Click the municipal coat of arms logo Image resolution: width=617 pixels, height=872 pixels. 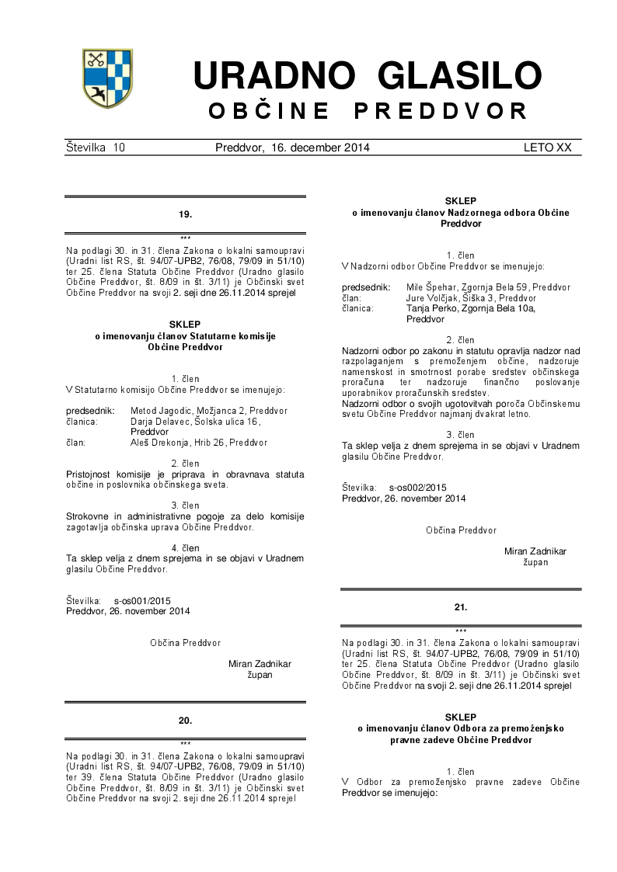click(x=107, y=78)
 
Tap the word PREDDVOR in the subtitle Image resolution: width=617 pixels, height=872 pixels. click(x=441, y=111)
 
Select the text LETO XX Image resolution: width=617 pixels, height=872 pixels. click(x=547, y=148)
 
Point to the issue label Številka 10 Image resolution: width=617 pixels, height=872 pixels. click(x=96, y=148)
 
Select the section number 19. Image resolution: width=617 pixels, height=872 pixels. click(x=185, y=214)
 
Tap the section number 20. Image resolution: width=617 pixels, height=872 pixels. click(x=185, y=721)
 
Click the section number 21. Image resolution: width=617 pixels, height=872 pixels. click(x=460, y=607)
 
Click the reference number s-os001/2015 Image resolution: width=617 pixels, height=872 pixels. click(x=141, y=600)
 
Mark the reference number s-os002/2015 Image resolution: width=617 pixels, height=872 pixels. click(x=417, y=487)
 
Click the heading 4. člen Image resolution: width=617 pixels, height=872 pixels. click(x=185, y=547)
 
